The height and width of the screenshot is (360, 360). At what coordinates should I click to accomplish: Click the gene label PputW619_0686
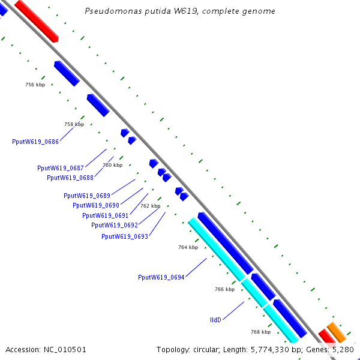click(x=35, y=142)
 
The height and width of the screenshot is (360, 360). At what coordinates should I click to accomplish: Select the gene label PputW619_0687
click(x=61, y=168)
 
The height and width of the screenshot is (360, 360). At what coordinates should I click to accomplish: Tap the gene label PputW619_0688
click(x=70, y=178)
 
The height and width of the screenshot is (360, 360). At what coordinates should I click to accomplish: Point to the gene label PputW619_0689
click(x=87, y=196)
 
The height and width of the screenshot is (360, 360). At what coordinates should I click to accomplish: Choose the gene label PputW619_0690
click(x=96, y=205)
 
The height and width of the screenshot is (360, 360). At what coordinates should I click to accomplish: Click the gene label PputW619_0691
click(x=106, y=215)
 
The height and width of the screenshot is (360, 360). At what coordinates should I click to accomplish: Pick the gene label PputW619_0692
click(x=115, y=225)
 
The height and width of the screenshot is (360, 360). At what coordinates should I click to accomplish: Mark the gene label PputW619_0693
click(x=125, y=236)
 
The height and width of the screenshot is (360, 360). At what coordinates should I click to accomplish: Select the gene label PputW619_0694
click(x=161, y=277)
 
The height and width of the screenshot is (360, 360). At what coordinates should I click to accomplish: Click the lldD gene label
click(x=215, y=320)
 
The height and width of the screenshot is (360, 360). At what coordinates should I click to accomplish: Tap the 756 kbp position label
click(x=35, y=85)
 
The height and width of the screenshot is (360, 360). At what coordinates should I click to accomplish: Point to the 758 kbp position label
click(x=74, y=125)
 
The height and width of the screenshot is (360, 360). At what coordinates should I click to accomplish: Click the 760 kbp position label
click(x=112, y=165)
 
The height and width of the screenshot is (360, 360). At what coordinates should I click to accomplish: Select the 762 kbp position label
click(x=151, y=206)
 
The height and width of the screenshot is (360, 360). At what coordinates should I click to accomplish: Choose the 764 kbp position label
click(x=188, y=247)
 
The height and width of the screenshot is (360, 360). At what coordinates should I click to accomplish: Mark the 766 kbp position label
click(x=224, y=289)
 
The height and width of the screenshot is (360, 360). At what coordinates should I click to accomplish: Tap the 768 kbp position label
click(x=260, y=332)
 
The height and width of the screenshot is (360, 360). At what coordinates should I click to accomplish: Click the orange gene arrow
click(x=337, y=332)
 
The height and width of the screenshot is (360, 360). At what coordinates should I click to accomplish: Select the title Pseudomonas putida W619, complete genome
click(x=180, y=11)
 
